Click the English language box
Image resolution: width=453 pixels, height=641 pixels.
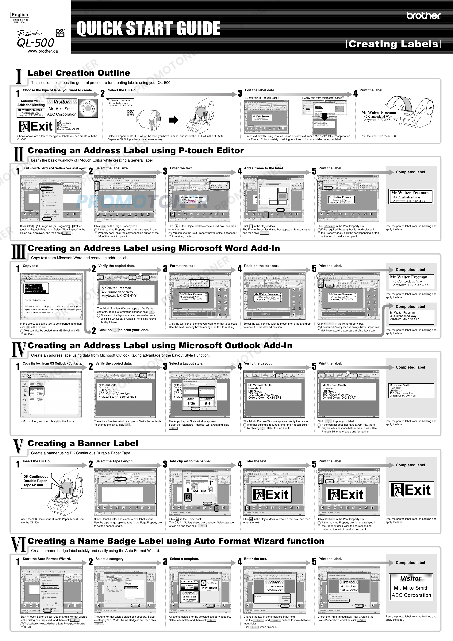click(20, 14)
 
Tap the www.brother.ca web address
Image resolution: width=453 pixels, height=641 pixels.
click(43, 51)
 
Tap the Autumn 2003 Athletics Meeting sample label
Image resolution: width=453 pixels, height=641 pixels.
click(31, 103)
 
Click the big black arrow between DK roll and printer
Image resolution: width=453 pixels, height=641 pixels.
click(174, 120)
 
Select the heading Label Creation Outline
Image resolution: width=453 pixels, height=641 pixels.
click(79, 73)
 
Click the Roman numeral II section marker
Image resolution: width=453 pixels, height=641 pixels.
click(19, 154)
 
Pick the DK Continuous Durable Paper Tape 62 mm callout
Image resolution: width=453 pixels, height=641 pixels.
click(36, 481)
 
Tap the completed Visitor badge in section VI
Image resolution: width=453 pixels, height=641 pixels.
click(411, 587)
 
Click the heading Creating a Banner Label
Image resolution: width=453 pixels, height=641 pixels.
click(83, 443)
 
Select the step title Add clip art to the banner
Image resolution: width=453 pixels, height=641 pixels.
click(190, 461)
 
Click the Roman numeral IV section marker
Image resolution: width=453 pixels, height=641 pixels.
click(19, 349)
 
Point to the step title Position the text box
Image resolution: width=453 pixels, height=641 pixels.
click(261, 266)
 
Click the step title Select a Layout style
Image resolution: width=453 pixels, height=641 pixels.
click(186, 363)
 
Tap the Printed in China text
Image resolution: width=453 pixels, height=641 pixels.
click(20, 20)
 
